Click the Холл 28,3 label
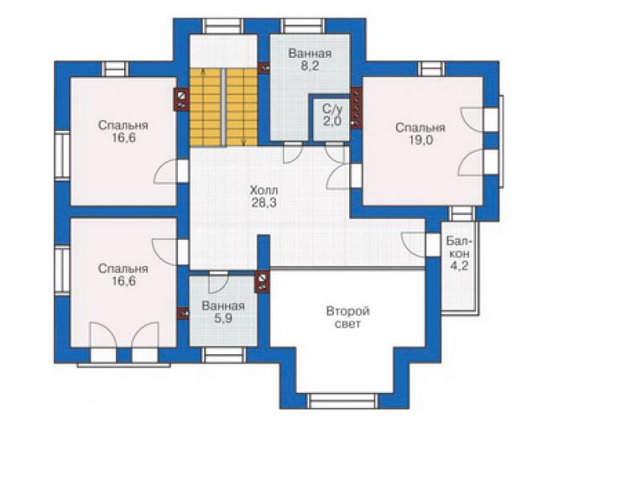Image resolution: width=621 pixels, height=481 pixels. [264, 196]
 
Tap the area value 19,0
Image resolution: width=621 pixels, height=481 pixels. [420, 140]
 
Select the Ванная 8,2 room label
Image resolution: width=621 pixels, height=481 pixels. [310, 60]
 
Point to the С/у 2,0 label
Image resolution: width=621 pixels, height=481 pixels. [331, 115]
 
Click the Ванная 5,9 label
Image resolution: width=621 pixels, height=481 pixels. [223, 311]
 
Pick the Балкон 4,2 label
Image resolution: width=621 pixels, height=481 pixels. [459, 254]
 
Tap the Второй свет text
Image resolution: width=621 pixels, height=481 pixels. [348, 317]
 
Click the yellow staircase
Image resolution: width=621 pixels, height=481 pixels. [223, 107]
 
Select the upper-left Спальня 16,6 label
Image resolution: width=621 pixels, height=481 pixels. [123, 132]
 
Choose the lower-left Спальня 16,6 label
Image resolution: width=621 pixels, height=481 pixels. [123, 274]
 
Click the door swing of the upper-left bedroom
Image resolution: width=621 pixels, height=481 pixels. [165, 171]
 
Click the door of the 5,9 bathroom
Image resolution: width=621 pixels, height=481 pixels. [218, 282]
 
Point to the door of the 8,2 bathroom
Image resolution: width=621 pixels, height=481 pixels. [293, 153]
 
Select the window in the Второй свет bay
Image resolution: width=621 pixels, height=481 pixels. [342, 400]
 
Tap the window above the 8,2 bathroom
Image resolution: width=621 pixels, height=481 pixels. [304, 26]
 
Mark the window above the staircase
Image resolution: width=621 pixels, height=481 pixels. [223, 26]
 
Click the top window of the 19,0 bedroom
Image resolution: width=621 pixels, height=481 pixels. [431, 69]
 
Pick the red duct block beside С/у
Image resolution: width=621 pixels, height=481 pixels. [357, 108]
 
